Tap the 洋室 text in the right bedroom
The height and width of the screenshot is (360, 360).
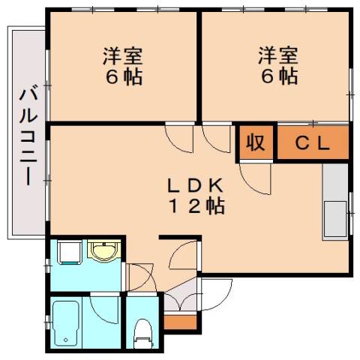(x=278, y=56)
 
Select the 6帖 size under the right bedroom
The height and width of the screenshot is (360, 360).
(x=278, y=76)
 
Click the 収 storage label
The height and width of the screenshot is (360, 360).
(x=256, y=142)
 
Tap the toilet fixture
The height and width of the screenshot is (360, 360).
(x=141, y=334)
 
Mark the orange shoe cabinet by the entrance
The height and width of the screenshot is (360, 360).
(x=178, y=323)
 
